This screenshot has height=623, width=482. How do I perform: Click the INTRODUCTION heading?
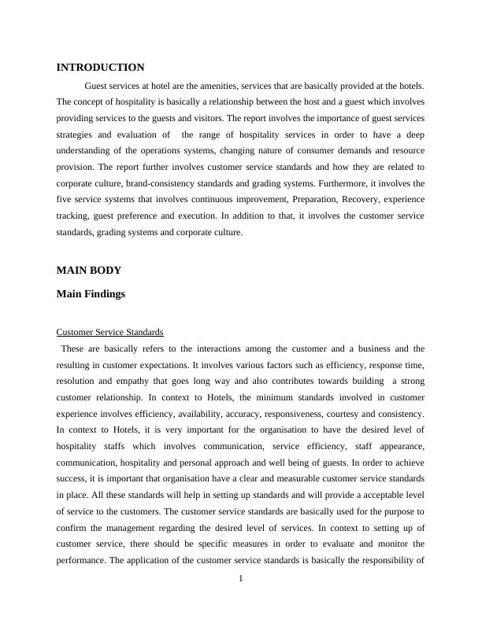pyautogui.click(x=100, y=68)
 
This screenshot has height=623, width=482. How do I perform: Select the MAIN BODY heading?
pyautogui.click(x=89, y=270)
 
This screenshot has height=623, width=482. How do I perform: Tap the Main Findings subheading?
pyautogui.click(x=91, y=294)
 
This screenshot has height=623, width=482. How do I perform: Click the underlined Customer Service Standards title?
pyautogui.click(x=110, y=332)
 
